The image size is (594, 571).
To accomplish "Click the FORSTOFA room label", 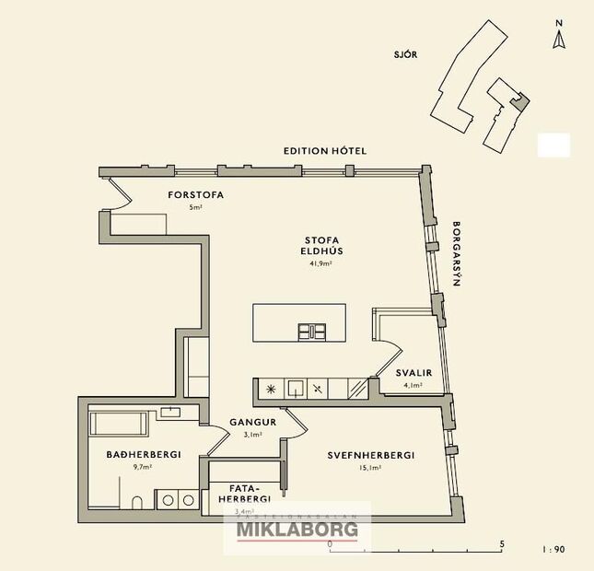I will (196, 195).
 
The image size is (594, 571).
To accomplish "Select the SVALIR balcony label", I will (408, 372).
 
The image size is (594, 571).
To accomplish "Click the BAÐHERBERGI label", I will (143, 454).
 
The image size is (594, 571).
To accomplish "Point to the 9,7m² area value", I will (142, 468).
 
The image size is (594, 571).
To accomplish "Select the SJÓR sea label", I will (405, 54).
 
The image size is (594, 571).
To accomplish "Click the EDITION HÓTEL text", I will (325, 150).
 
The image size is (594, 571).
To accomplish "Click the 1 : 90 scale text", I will (554, 549).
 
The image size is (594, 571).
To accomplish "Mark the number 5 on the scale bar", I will (502, 544).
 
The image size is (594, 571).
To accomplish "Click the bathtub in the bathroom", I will (118, 425).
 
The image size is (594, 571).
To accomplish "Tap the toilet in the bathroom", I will (136, 502).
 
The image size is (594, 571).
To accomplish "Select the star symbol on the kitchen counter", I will (271, 389).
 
